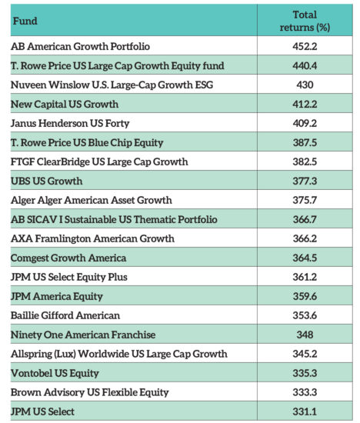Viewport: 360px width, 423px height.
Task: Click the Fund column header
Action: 25,21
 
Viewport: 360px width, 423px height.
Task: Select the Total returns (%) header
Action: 305,21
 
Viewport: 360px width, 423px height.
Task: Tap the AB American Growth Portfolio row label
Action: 80,46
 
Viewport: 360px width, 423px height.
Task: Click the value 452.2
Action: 305,46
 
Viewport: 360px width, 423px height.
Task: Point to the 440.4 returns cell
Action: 305,65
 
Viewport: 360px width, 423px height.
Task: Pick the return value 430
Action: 305,85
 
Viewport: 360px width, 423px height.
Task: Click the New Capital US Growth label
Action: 65,104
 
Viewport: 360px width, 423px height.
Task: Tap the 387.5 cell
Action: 305,142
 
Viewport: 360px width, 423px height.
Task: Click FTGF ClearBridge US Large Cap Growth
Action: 99,162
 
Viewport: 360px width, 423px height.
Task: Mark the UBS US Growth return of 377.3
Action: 305,181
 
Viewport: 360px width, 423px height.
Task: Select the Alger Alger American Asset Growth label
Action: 91,200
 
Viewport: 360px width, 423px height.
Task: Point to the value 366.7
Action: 305,219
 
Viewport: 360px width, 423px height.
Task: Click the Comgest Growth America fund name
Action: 68,258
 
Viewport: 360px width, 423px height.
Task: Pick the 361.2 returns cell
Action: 305,277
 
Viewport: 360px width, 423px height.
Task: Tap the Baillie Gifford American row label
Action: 65,315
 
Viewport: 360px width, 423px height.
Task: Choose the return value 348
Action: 305,335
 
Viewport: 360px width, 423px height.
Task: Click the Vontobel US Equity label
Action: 55,373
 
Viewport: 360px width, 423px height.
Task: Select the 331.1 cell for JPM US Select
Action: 305,411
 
